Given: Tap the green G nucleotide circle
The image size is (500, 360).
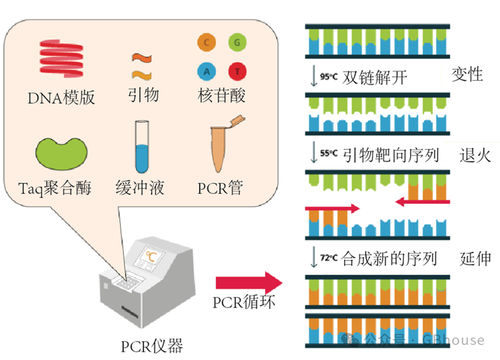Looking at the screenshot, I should click(x=236, y=42).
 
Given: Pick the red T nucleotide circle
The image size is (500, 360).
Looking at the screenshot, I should click(x=237, y=71).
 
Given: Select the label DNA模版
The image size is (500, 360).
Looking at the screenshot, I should click(x=61, y=98).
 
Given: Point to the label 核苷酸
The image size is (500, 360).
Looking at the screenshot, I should click(x=221, y=95).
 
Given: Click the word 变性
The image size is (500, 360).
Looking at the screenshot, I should click(x=466, y=74).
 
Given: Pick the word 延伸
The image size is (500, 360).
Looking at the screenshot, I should click(x=476, y=258).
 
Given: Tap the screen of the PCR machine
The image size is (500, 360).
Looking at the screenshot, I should click(x=152, y=256).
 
